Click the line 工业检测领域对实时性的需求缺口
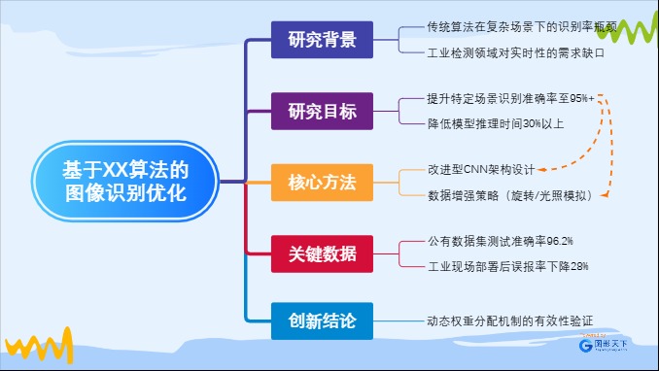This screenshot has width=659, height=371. pos(515,53)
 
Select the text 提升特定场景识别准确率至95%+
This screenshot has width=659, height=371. pos(510,99)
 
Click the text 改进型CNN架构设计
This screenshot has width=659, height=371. pos(481,169)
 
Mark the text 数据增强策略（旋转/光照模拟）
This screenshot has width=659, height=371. pos(510,195)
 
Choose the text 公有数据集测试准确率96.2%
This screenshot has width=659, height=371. pos(500,240)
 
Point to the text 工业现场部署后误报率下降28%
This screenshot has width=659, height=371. pos(507,265)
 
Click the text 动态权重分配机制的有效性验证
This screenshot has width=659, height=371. pos(509,320)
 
